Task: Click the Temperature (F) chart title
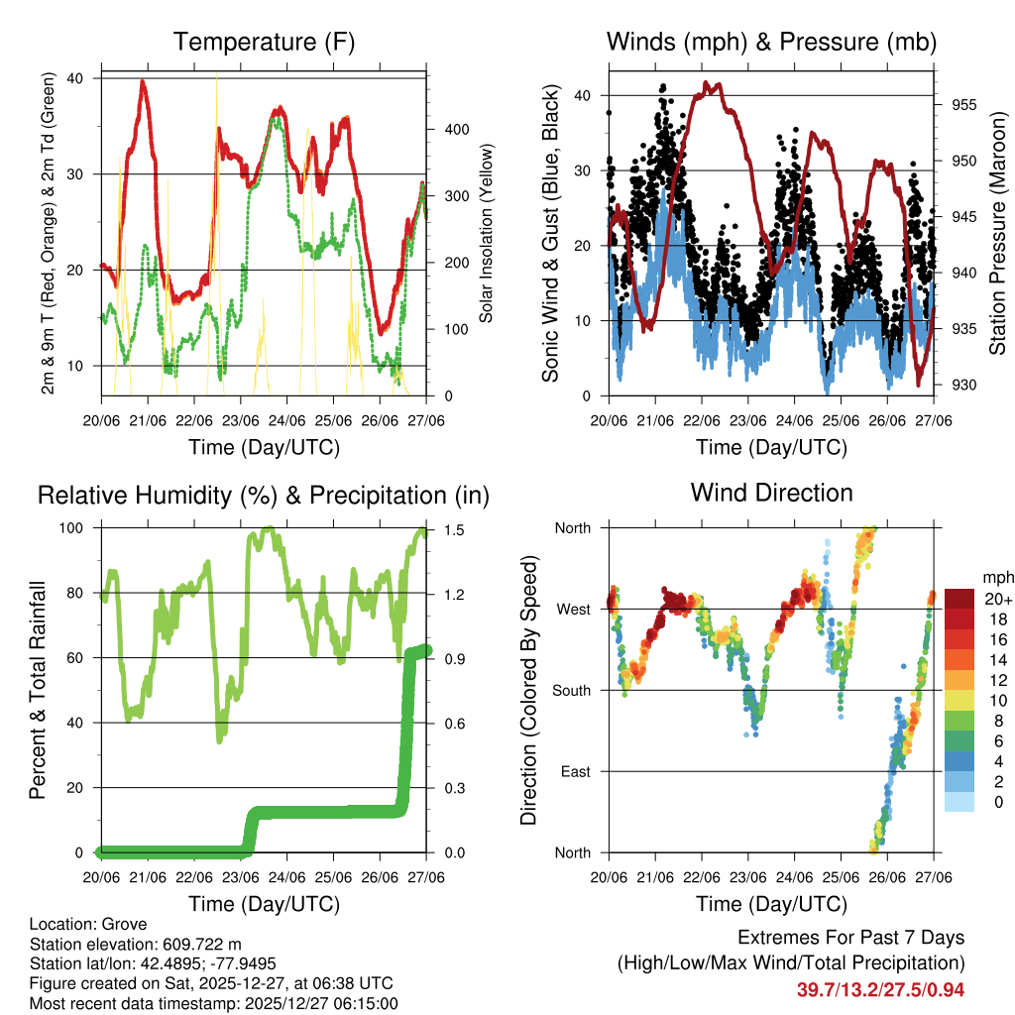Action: point(264,43)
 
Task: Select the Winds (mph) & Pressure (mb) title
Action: point(771,43)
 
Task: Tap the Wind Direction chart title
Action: point(771,493)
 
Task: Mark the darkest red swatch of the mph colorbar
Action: point(959,599)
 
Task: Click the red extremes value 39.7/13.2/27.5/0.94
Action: point(880,990)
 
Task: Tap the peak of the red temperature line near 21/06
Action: point(144,81)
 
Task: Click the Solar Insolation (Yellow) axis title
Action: point(487,233)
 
